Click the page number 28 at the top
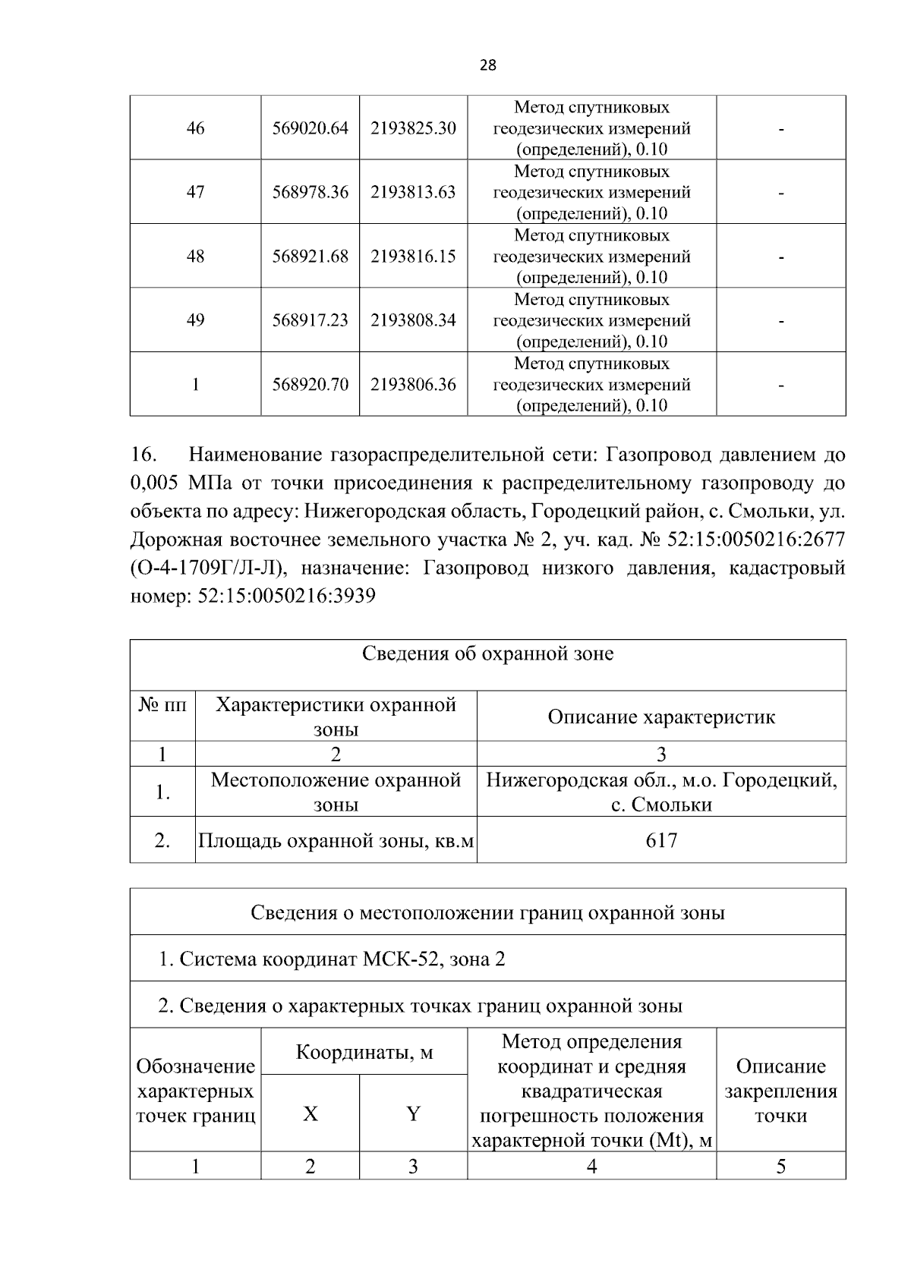pyautogui.click(x=488, y=65)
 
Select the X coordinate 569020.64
pyautogui.click(x=310, y=128)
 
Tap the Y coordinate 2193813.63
pyautogui.click(x=413, y=192)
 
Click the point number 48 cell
pyautogui.click(x=195, y=257)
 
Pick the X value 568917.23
pyautogui.click(x=310, y=320)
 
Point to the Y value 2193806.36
pyautogui.click(x=413, y=385)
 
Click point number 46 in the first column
pyautogui.click(x=195, y=128)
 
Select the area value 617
pyautogui.click(x=661, y=840)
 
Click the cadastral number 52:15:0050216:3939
pyautogui.click(x=286, y=597)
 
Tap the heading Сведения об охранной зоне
pyautogui.click(x=487, y=653)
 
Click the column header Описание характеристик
pyautogui.click(x=661, y=716)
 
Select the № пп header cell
pyautogui.click(x=162, y=705)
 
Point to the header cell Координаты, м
pyautogui.click(x=364, y=1053)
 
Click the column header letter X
pyautogui.click(x=310, y=1114)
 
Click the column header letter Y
pyautogui.click(x=413, y=1114)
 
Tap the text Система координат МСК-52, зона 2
pyautogui.click(x=342, y=959)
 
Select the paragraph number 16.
pyautogui.click(x=143, y=455)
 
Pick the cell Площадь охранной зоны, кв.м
pyautogui.click(x=336, y=840)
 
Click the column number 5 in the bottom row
pyautogui.click(x=780, y=1167)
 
